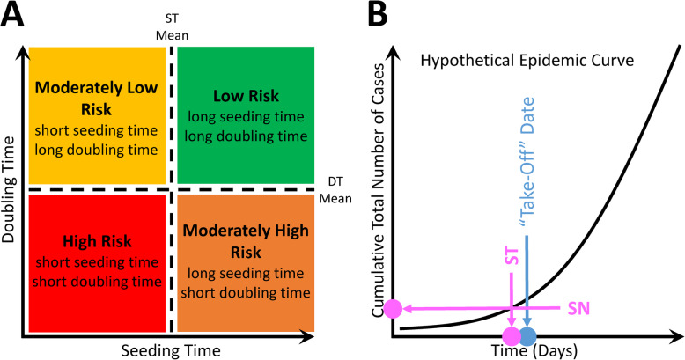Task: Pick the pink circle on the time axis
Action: (511, 335)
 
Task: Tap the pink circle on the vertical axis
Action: (394, 308)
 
